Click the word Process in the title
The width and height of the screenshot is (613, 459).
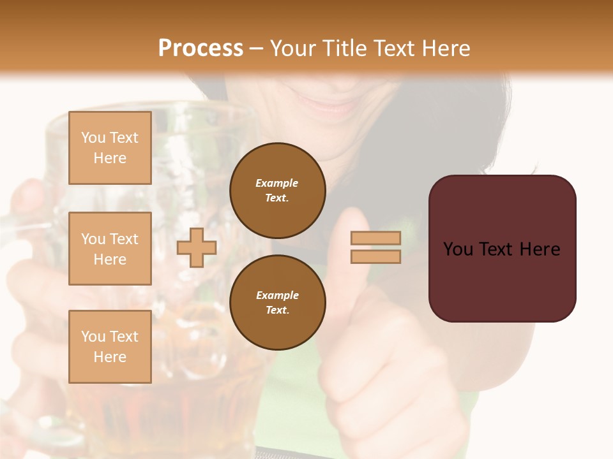[201, 48]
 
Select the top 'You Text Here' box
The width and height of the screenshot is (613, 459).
[110, 148]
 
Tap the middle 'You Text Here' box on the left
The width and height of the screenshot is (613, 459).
[110, 249]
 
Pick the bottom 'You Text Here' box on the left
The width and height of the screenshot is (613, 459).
[110, 347]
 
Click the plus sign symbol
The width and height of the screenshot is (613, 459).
[197, 248]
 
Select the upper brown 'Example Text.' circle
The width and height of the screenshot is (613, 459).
[277, 191]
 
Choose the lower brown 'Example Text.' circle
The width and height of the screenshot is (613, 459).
[277, 303]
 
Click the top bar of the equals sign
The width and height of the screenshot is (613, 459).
[375, 238]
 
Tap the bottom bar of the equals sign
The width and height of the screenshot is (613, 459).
[375, 257]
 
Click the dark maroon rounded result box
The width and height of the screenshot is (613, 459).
[502, 249]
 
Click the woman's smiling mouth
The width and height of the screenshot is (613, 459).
[332, 102]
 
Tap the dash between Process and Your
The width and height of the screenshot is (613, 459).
[256, 48]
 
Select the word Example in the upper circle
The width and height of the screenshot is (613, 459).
[277, 183]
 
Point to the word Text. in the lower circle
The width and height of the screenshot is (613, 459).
[277, 310]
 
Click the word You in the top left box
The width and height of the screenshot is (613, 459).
[93, 138]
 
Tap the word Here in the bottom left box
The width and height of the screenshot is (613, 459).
[110, 357]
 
